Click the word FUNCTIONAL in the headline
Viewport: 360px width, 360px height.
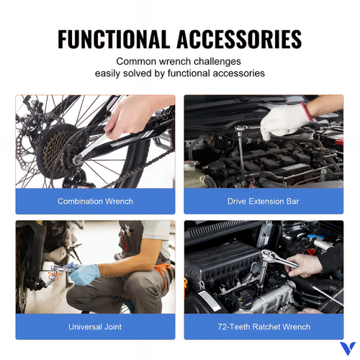112,39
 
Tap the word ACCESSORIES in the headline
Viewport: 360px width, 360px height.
239,39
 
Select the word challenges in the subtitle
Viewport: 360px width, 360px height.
217,62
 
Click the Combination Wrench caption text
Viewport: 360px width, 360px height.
95,201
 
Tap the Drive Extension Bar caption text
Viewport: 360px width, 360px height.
264,201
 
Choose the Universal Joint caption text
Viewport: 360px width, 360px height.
95,327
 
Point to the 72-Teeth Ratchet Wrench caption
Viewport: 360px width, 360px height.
264,327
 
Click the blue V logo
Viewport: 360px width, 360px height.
348,348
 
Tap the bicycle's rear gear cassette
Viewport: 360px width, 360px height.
55,151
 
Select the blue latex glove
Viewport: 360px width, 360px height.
84,274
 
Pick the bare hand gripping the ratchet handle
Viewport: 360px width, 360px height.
304,265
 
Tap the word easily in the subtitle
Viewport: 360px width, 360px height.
107,73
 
